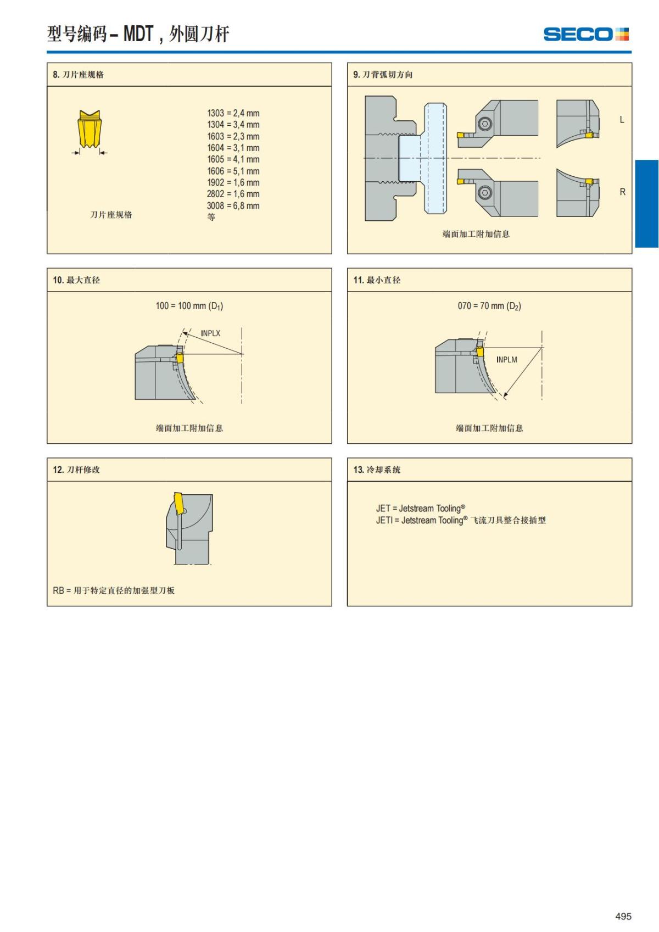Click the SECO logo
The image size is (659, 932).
click(585, 34)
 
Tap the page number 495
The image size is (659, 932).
click(623, 916)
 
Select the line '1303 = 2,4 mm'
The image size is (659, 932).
click(233, 113)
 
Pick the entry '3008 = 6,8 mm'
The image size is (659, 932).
click(233, 206)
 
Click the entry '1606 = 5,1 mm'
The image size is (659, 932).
click(233, 171)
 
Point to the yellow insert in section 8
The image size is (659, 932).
click(89, 130)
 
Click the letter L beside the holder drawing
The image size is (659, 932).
click(622, 120)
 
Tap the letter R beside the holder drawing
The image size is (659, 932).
click(622, 192)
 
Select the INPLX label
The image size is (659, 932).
click(210, 333)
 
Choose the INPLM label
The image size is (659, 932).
click(506, 360)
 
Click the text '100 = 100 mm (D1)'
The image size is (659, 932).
click(189, 306)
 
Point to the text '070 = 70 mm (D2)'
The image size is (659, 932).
click(489, 306)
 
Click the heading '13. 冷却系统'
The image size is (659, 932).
click(377, 470)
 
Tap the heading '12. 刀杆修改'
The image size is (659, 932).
click(76, 470)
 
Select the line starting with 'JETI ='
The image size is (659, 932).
click(461, 520)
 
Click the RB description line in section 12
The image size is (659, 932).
click(114, 590)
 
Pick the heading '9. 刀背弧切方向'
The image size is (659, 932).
click(383, 75)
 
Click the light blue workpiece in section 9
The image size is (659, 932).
click(435, 158)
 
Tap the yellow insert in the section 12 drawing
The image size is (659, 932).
click(179, 503)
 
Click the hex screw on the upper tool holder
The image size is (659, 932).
click(484, 124)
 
